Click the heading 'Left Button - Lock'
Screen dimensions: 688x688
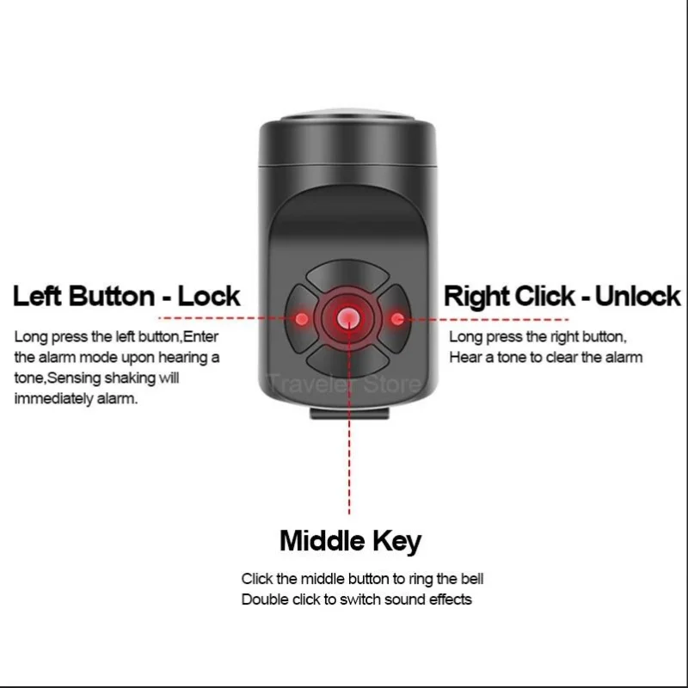[x=126, y=297]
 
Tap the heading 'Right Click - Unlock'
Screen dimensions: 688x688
[x=562, y=297]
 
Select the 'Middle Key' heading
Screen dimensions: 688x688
[x=350, y=541]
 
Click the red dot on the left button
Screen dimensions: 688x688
[x=302, y=319]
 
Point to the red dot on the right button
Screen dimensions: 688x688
[x=397, y=319]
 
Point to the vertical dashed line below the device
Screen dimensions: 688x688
[x=349, y=464]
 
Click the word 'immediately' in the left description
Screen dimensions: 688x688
[x=51, y=399]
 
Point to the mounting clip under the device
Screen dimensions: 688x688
[x=349, y=415]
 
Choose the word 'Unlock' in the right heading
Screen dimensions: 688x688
[x=637, y=297]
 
